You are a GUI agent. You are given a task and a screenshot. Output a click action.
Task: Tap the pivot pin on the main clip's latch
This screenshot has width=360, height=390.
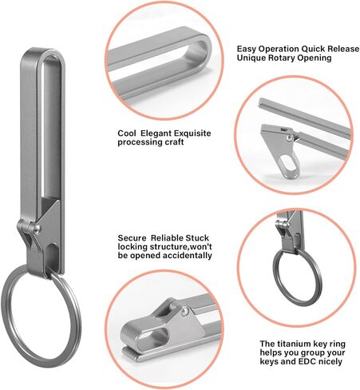click(34, 232)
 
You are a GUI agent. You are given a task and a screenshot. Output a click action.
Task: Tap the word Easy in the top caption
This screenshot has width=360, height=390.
click(248, 50)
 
